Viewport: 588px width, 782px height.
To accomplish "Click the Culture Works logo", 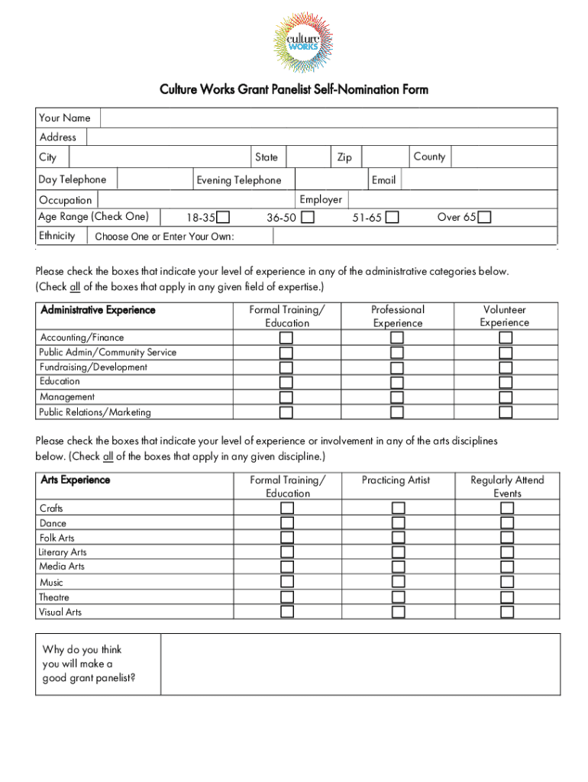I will click(294, 42).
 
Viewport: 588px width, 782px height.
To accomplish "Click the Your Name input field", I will click(328, 118).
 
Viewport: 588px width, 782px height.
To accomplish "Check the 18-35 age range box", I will click(223, 218).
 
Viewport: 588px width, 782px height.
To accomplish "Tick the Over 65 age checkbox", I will click(484, 218).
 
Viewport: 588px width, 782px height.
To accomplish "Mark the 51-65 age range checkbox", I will click(392, 218).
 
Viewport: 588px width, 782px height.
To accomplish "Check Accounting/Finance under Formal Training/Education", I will click(286, 338).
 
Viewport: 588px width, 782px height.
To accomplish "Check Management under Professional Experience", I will click(397, 397).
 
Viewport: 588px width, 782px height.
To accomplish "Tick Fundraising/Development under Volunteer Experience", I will click(506, 367).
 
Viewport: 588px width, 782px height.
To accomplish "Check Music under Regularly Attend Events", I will click(507, 582).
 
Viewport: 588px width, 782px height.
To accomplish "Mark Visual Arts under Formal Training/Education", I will click(287, 612).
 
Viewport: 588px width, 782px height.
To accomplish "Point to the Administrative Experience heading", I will click(97, 310).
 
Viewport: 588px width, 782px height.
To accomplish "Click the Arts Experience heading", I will click(75, 480).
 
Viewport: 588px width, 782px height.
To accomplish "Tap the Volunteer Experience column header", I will click(505, 316).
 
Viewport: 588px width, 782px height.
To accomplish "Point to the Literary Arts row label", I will click(63, 552).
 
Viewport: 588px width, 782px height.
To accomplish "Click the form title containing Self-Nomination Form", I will click(294, 90).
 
